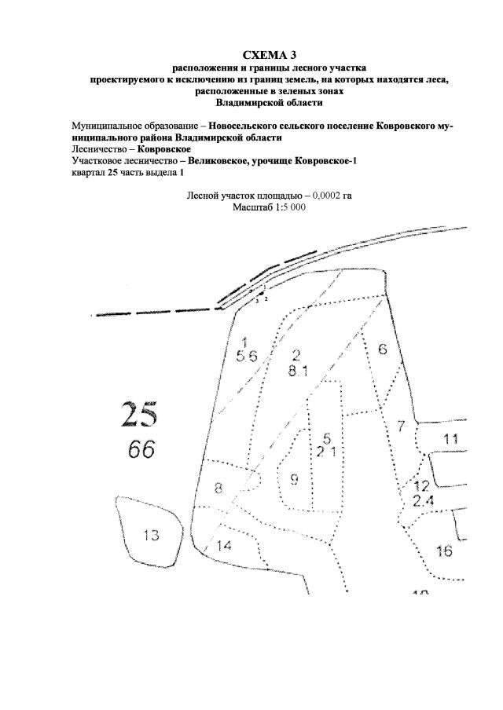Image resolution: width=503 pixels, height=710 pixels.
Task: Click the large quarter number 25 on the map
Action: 139,414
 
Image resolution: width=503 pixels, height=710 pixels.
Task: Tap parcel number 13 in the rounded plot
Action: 151,536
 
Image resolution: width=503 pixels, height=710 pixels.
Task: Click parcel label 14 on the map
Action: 224,546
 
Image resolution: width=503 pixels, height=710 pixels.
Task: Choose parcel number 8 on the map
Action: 218,488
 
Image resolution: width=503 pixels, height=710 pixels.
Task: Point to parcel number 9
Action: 295,478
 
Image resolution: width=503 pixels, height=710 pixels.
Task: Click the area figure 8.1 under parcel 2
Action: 297,371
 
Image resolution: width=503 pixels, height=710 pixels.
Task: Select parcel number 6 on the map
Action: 383,350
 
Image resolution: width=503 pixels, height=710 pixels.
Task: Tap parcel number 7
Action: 401,426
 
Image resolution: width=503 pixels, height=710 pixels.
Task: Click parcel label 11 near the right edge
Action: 450,439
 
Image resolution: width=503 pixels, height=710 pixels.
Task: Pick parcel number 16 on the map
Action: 444,551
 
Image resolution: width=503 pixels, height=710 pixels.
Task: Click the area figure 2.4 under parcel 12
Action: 423,500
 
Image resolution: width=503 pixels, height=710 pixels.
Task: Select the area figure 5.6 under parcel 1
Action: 247,356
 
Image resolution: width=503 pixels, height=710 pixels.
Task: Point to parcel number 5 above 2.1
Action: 328,437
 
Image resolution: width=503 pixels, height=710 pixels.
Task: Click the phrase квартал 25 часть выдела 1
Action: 128,171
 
